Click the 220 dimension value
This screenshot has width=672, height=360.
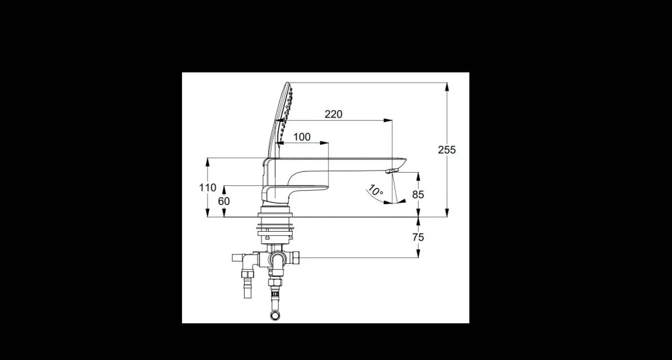pyautogui.click(x=333, y=114)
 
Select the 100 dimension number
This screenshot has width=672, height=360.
pyautogui.click(x=302, y=137)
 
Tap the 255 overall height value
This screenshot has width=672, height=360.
pyautogui.click(x=447, y=150)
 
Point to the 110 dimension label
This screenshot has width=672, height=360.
pyautogui.click(x=208, y=187)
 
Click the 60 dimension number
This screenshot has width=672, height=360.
pyautogui.click(x=224, y=201)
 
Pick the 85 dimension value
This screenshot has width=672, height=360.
pyautogui.click(x=418, y=195)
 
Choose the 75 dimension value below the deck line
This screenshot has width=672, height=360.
pyautogui.click(x=418, y=237)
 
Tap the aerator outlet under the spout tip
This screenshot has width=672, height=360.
pyautogui.click(x=392, y=171)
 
